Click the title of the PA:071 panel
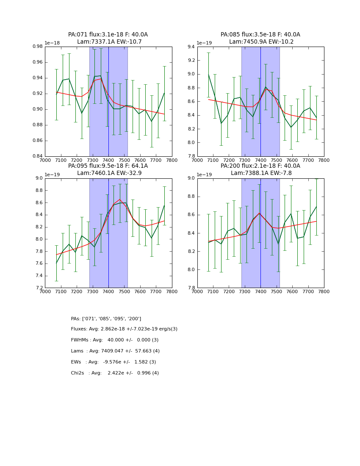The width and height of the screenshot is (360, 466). pos(108,38)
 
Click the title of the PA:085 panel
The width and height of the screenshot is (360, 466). pos(260,38)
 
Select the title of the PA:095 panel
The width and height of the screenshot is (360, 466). pos(108,169)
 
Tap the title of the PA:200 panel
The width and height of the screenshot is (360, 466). pos(260,169)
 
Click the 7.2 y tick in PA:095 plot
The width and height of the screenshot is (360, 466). pos(39,288)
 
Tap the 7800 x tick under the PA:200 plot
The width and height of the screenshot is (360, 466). pos(324,292)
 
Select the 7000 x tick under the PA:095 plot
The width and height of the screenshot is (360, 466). pos(45,292)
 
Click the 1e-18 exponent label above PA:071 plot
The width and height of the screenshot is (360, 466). pos(53,43)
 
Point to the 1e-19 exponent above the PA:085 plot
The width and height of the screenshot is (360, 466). pos(205,43)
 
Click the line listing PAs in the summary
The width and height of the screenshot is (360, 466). pos(106,319)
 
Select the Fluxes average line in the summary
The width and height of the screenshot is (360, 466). pos(124,329)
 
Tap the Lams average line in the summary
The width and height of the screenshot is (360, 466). pos(115,351)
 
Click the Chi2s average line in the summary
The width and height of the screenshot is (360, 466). pos(115,373)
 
